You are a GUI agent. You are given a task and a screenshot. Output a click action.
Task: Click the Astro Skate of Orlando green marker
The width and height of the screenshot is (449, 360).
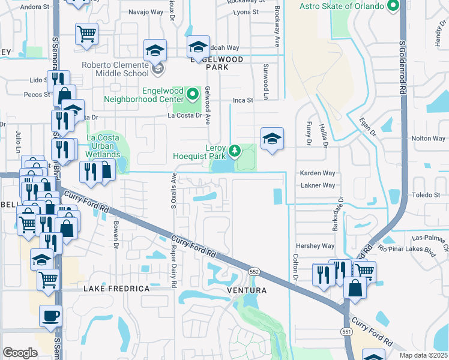[394, 7]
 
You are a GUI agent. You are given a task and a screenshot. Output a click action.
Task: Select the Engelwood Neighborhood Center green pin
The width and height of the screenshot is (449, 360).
[192, 94]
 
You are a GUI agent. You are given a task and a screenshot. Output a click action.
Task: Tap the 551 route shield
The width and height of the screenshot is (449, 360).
[346, 331]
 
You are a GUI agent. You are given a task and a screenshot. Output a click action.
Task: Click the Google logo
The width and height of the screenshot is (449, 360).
[20, 353]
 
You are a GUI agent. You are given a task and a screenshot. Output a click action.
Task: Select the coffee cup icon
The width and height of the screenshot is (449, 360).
[50, 316]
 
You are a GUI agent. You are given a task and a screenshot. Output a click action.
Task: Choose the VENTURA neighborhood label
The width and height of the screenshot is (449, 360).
[246, 290]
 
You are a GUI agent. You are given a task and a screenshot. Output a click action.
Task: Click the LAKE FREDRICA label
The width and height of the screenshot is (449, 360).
[116, 289]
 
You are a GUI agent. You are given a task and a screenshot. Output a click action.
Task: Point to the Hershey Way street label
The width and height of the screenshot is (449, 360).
[315, 246]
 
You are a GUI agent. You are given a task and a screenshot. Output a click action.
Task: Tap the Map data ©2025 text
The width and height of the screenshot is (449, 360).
[423, 355]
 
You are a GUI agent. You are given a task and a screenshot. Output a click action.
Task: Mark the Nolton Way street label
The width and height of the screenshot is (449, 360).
[429, 139]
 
